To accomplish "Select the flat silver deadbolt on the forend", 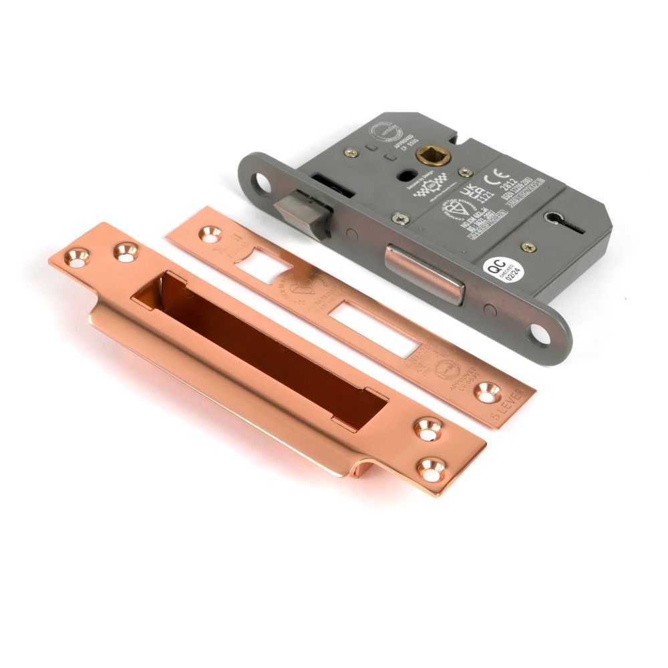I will (425, 274).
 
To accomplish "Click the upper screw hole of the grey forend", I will (257, 180).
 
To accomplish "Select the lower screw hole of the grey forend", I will (541, 334).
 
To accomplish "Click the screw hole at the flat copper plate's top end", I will (208, 234).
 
